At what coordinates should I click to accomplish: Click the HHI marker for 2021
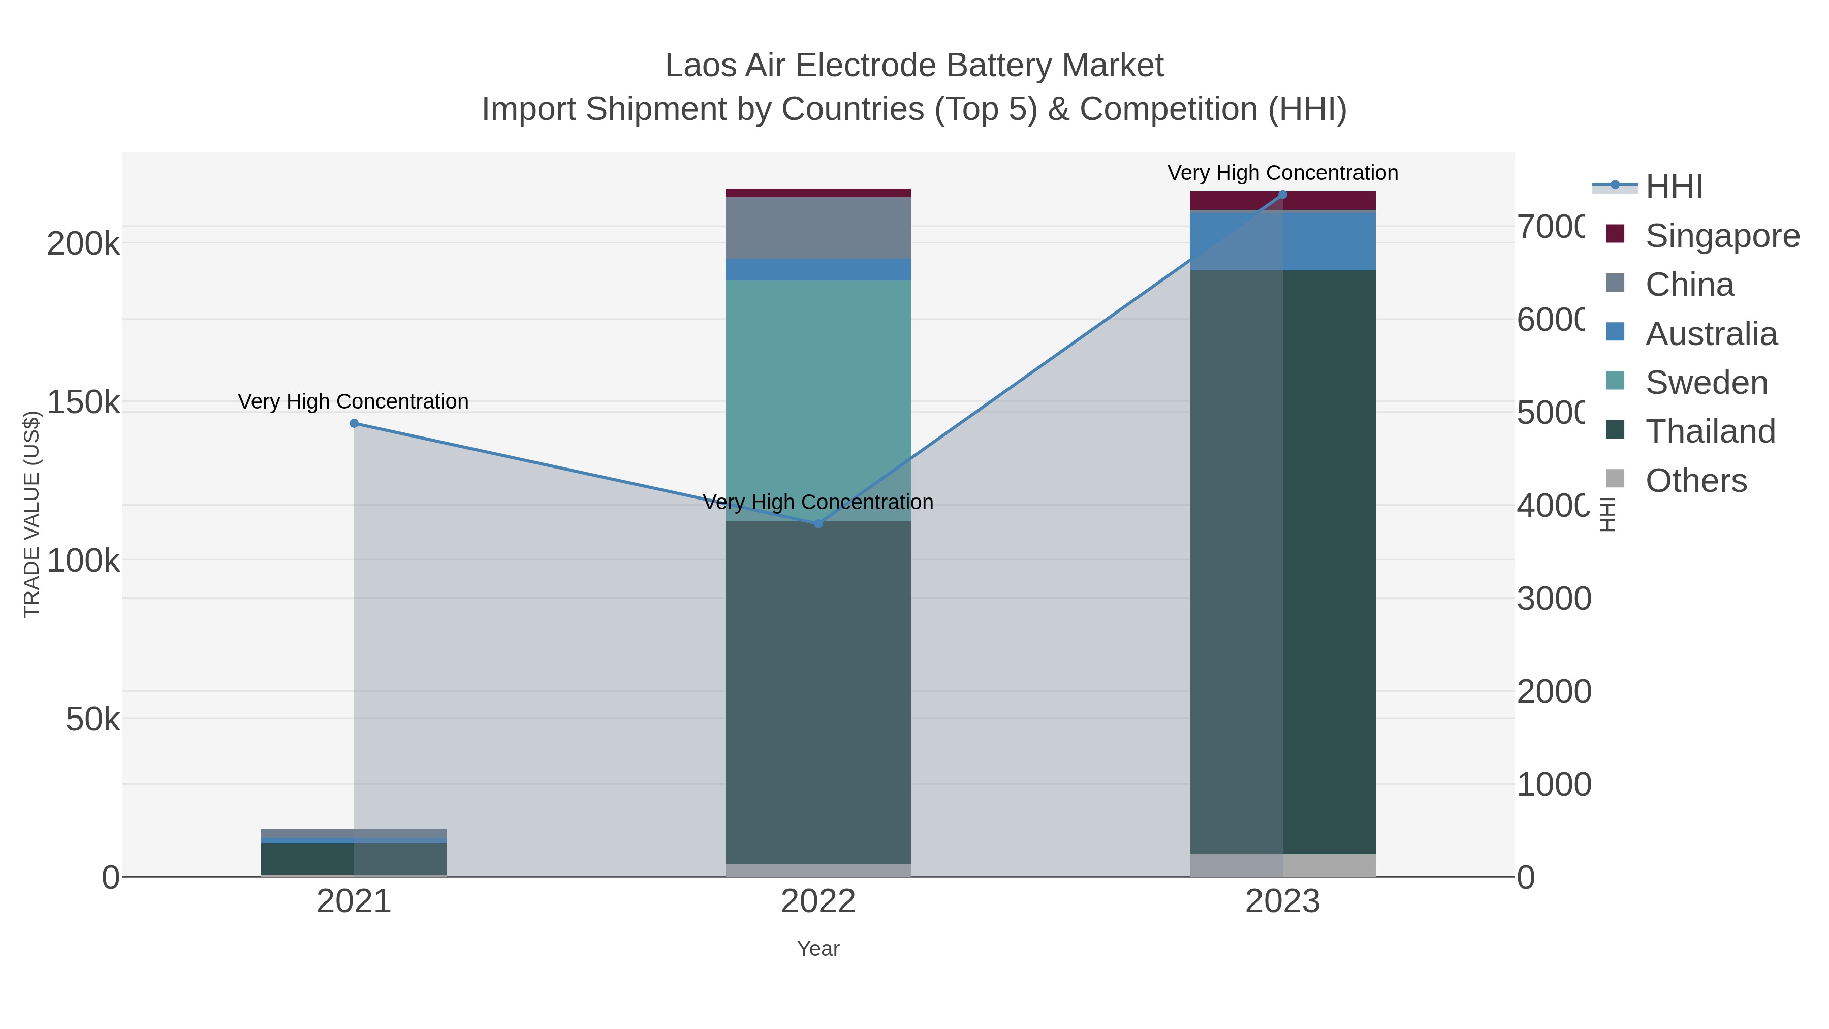coord(354,423)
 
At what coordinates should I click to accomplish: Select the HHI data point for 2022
coord(818,523)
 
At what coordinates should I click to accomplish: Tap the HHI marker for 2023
coord(1282,195)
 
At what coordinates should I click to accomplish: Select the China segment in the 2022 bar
coord(818,228)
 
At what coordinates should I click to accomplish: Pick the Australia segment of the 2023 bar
coord(1282,241)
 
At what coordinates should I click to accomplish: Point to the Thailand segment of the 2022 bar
coord(818,693)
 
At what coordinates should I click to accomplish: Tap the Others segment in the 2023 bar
coord(1282,865)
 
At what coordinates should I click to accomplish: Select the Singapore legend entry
coord(1721,236)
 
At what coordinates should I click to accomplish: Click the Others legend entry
coord(1695,481)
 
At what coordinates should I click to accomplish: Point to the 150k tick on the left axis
coord(83,402)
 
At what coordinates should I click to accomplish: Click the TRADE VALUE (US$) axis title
coord(32,514)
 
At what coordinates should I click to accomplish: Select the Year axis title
coord(818,949)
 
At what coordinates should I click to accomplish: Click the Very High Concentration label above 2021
coord(353,401)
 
